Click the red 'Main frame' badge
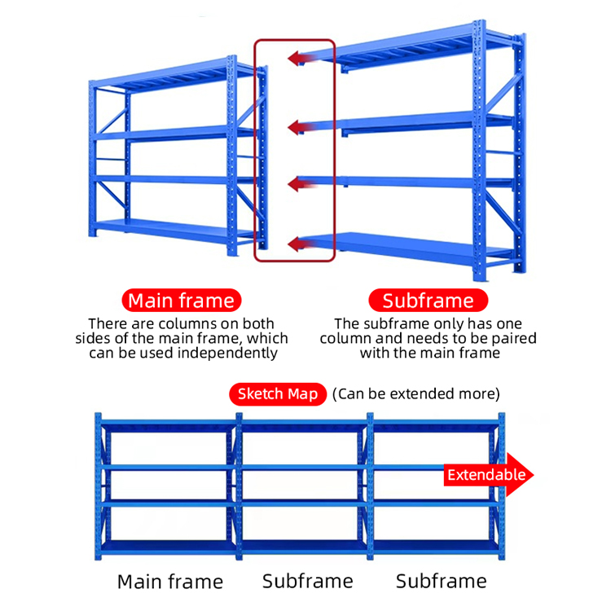[182, 301]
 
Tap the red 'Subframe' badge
[428, 301]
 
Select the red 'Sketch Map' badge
[278, 394]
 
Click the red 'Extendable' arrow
[489, 475]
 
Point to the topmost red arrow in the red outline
[302, 59]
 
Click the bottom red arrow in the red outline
[302, 244]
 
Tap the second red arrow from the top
[302, 127]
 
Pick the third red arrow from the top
[302, 183]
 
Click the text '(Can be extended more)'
[415, 394]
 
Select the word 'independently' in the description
[227, 353]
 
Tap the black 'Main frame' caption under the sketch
[170, 582]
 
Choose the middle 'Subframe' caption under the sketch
[308, 582]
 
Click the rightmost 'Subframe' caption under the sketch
[442, 582]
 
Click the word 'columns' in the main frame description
[188, 323]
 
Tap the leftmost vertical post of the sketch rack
[99, 486]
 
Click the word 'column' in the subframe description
[345, 338]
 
